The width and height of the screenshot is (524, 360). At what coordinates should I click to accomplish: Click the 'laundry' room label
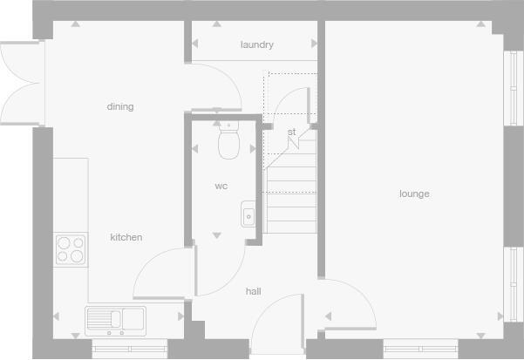point(257,44)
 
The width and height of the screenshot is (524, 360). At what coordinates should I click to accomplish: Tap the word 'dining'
point(120,106)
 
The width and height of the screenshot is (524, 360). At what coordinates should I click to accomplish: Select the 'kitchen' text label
point(126,237)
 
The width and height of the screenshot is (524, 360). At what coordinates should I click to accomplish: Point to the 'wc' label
point(221,186)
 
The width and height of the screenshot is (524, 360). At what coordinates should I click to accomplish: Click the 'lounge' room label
point(414,194)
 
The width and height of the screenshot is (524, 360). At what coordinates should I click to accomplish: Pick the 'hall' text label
point(253,291)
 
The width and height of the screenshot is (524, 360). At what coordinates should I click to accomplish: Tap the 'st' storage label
point(292,132)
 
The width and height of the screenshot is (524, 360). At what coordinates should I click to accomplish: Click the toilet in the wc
point(229,141)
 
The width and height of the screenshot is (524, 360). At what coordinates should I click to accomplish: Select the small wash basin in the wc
point(248,214)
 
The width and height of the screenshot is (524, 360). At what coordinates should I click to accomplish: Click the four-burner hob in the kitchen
point(70,249)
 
